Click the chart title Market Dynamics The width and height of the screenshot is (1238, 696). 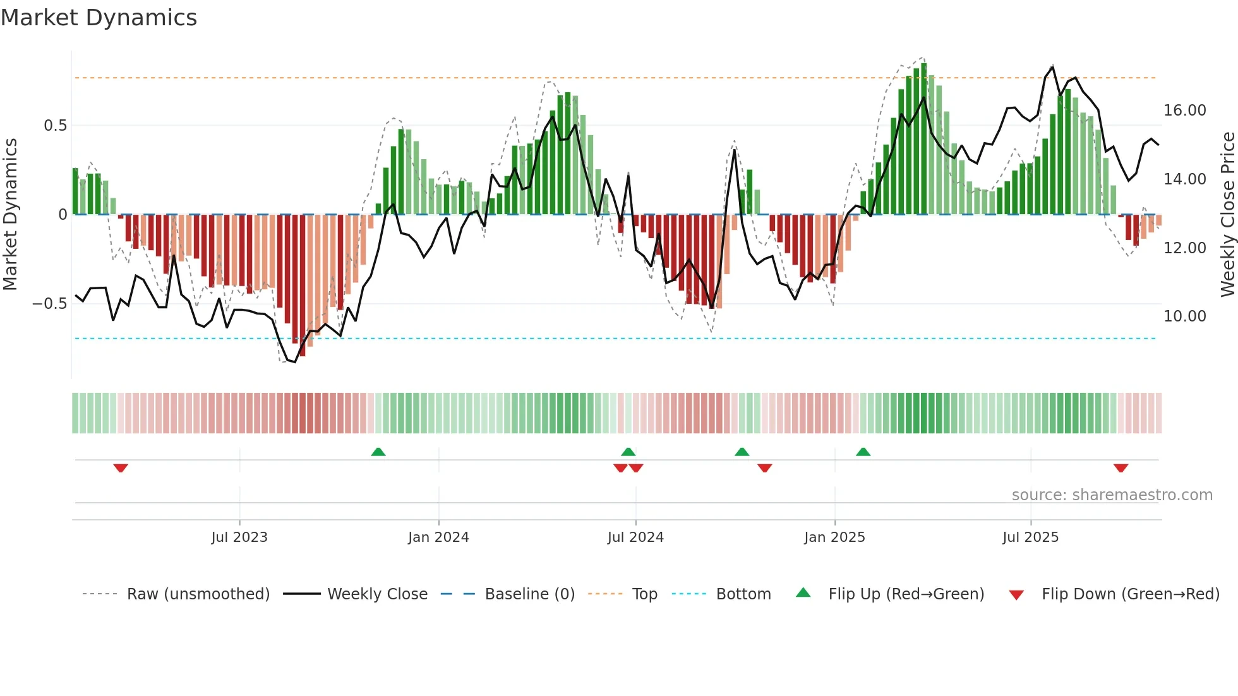point(99,18)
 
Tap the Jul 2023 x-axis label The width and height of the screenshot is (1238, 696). point(239,537)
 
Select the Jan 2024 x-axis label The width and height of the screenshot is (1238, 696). point(438,537)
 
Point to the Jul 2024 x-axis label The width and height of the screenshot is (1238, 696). point(635,537)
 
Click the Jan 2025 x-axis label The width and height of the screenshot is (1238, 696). point(834,537)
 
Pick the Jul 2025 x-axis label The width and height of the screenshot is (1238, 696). point(1030,537)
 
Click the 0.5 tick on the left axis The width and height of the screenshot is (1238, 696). point(55,126)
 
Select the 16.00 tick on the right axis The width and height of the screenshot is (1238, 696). point(1185,111)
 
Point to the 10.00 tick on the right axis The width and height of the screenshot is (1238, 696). point(1185,316)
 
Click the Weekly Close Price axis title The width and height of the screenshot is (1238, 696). point(1227,215)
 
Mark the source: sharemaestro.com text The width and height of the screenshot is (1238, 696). point(1112,495)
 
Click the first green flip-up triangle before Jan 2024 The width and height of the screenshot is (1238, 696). point(378,452)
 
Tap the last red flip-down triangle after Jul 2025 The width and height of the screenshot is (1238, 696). point(1121,468)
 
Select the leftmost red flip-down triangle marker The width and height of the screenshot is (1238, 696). point(121,468)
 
